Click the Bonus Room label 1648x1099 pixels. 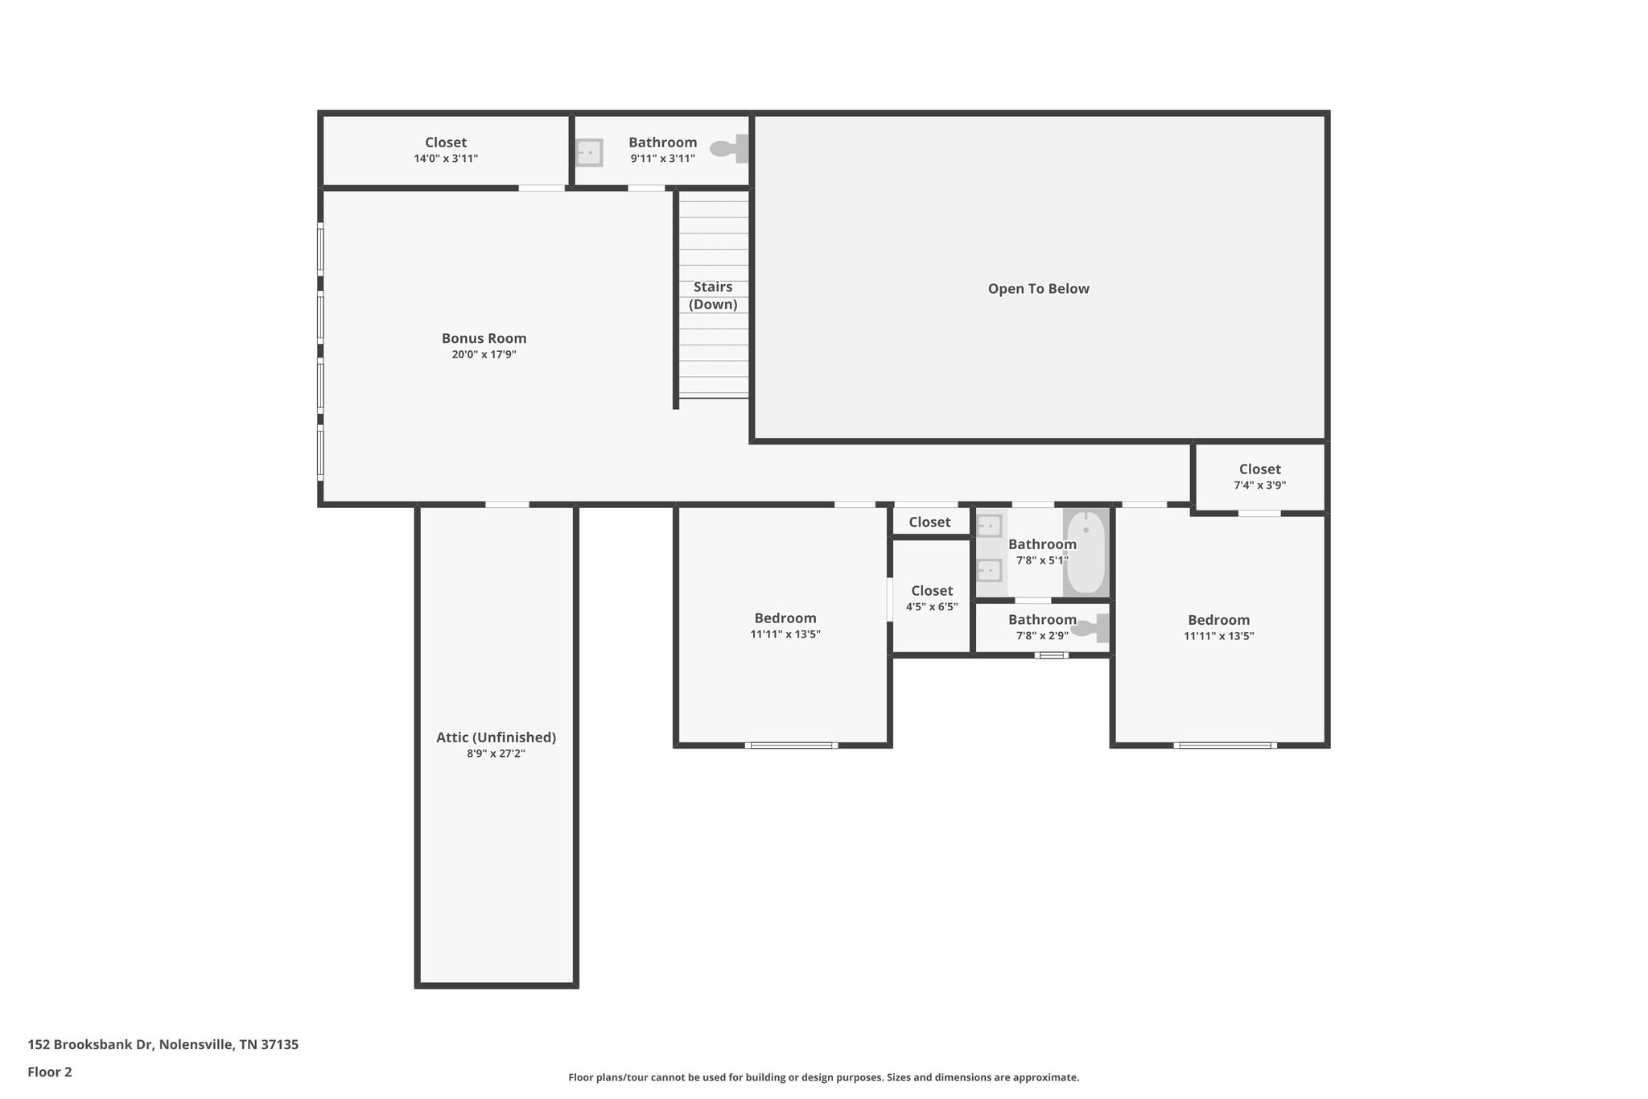tap(484, 338)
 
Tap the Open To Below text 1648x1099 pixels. tap(1038, 289)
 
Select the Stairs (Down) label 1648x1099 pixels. tap(713, 295)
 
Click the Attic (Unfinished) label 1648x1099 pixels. tap(496, 737)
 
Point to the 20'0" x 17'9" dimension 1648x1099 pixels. tap(484, 354)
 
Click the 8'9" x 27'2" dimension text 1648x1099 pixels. tap(496, 754)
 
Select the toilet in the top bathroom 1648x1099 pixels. tap(730, 149)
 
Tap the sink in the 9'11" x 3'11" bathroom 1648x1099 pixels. tap(589, 152)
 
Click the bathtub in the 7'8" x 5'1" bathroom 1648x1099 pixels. tap(1086, 553)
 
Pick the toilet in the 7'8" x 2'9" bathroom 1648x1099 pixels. tap(1091, 628)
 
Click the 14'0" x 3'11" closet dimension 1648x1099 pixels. tap(446, 159)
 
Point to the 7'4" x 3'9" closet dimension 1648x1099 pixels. tap(1259, 485)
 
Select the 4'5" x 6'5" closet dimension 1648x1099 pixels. tap(932, 607)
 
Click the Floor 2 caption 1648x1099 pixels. tap(50, 1072)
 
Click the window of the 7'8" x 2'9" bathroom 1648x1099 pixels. tap(1052, 655)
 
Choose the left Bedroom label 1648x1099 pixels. tap(785, 618)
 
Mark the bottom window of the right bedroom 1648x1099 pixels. tap(1225, 746)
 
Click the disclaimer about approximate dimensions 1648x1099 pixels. tap(823, 1077)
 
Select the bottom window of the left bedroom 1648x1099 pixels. tap(791, 746)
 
